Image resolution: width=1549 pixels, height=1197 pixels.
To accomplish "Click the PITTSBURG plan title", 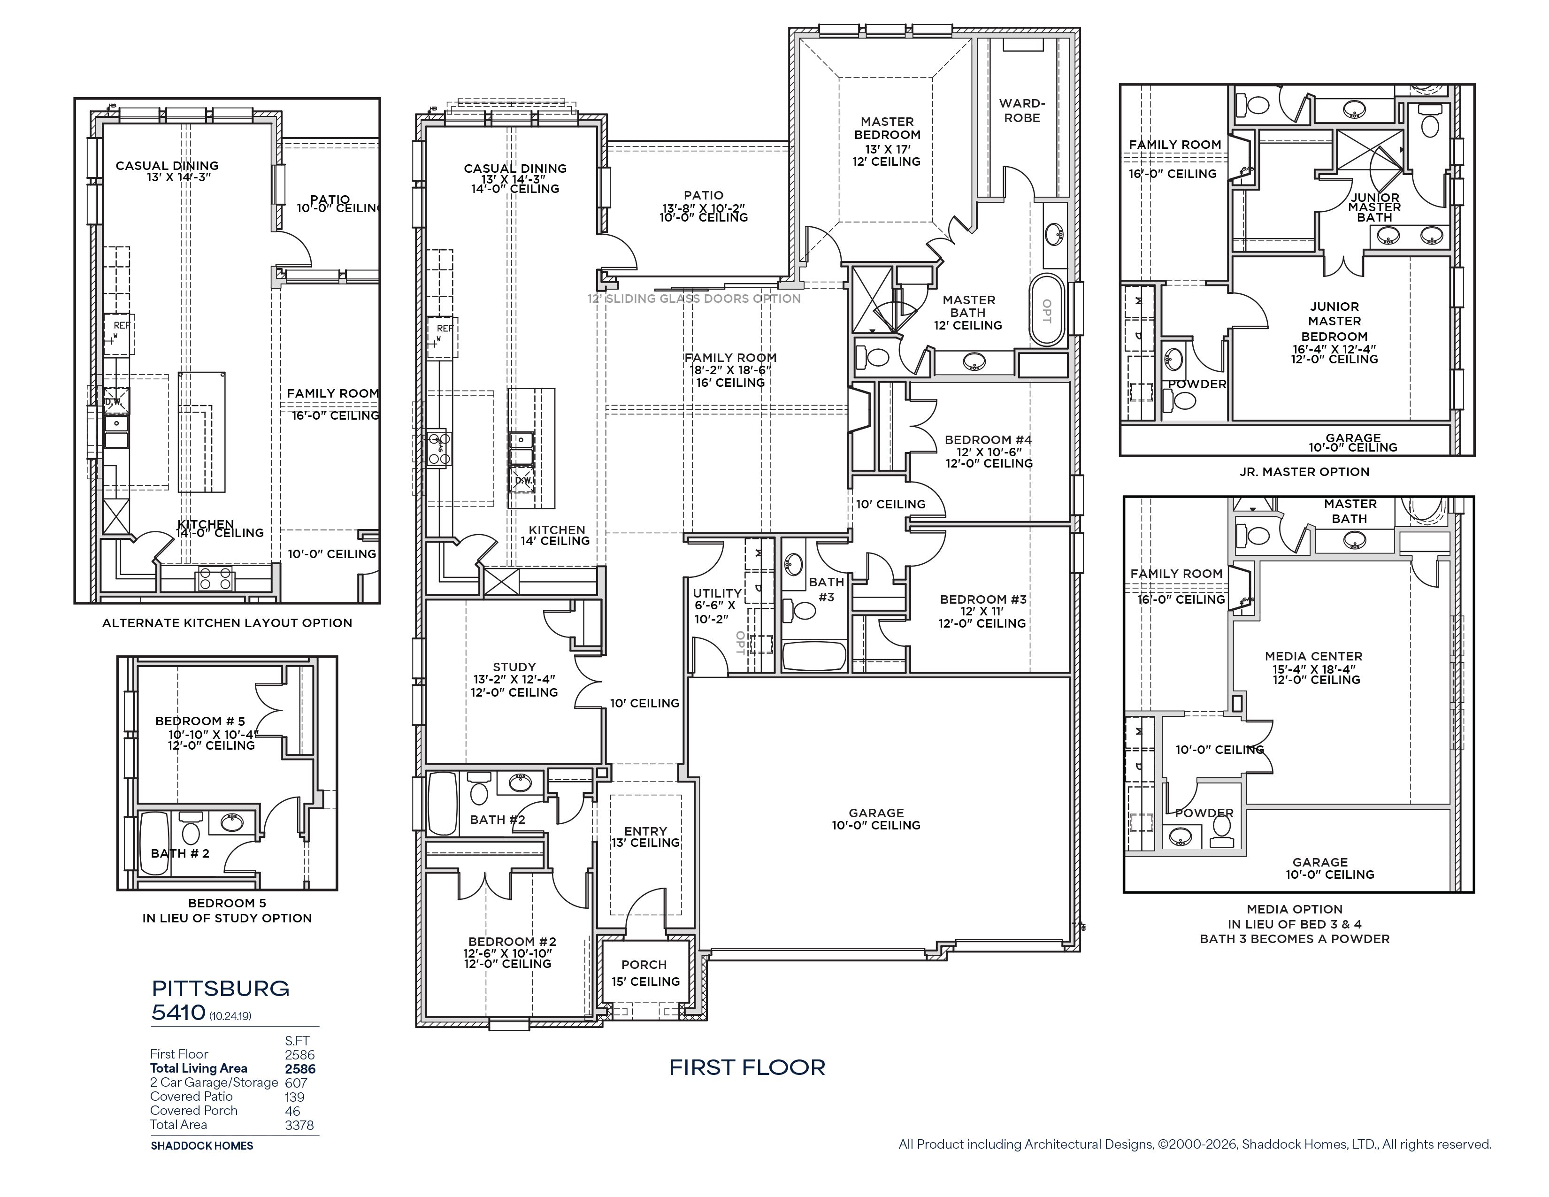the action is pos(221,989).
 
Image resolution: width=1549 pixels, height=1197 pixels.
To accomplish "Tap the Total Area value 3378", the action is pos(299,1125).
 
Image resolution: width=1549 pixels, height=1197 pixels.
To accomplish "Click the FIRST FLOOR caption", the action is pos(748,1067).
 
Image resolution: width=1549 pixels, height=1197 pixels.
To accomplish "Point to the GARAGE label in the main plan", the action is pos(876,813).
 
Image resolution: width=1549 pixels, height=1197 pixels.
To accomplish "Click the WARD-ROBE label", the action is pos(1022,111).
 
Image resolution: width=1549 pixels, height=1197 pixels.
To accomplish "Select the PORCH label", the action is pos(644,965).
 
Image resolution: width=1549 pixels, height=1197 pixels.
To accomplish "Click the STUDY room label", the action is pos(514,667).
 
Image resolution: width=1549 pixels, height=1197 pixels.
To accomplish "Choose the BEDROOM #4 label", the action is pos(988,440).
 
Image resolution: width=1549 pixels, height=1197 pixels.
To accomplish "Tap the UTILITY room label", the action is pos(717,593).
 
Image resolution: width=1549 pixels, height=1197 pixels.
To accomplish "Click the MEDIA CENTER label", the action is pos(1313,656).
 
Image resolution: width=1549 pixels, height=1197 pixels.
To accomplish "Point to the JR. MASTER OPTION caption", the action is pos(1304,472).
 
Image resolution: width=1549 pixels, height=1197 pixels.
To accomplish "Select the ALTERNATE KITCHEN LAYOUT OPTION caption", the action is pos(227,622).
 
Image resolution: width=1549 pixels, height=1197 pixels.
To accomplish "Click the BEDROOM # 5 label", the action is pos(200,721).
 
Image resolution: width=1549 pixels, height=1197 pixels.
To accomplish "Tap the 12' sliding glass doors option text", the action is pos(694,299).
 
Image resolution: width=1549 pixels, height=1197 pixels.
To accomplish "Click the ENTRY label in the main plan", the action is pos(645,831).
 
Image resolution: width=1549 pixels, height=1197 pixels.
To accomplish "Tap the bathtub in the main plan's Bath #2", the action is pos(443,804).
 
